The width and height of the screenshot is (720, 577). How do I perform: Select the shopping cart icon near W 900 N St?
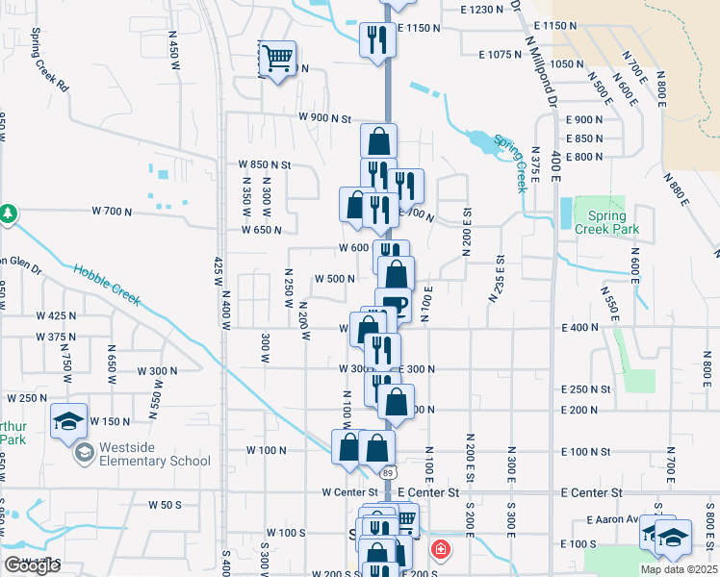(x=277, y=59)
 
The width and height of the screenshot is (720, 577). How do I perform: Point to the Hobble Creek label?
(x=107, y=286)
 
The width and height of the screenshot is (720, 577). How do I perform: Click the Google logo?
(x=32, y=565)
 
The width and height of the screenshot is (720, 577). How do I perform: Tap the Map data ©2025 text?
(x=679, y=569)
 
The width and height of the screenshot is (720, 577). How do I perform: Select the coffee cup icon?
(x=396, y=307)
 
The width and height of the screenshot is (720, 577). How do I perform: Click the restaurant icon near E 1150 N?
(x=373, y=39)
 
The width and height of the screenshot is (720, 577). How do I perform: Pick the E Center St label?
(x=592, y=492)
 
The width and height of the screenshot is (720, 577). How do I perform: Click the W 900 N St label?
(x=325, y=117)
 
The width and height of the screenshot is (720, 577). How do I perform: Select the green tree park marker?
(x=8, y=212)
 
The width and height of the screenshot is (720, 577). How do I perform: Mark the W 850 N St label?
(x=265, y=164)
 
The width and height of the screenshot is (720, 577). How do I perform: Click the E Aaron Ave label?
(x=613, y=520)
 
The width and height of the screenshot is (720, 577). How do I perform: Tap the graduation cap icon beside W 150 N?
(x=69, y=422)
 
